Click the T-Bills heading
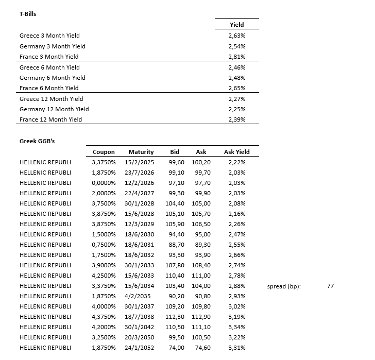(x=28, y=14)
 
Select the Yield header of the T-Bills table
(x=236, y=24)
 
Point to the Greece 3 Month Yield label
(x=49, y=36)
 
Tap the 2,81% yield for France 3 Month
(x=236, y=57)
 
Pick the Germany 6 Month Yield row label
(x=53, y=78)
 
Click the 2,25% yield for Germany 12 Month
(x=236, y=109)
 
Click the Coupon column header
(x=104, y=152)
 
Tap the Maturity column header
(x=141, y=152)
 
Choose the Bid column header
(x=175, y=152)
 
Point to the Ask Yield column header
(x=236, y=152)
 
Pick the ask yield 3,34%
(x=236, y=327)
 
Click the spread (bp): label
(x=284, y=286)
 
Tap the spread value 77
(x=330, y=286)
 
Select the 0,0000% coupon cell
(x=104, y=183)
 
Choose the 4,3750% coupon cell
(x=104, y=317)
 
